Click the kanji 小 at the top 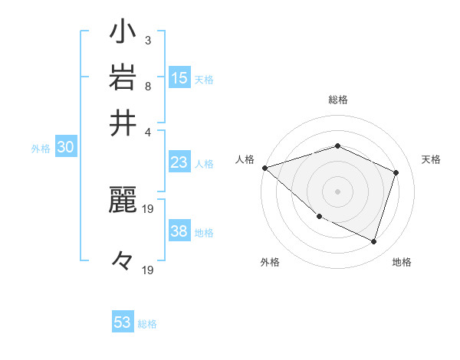(x=123, y=34)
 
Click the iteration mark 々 (x=123, y=261)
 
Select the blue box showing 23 (x=179, y=162)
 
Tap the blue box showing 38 (x=179, y=231)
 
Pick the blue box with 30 (x=65, y=148)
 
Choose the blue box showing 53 (x=123, y=322)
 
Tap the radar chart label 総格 (x=338, y=100)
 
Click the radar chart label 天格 (x=432, y=159)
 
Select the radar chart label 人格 (x=245, y=159)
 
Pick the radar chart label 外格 (x=270, y=262)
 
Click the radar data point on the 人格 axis (x=264, y=168)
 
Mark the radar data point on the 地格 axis (x=374, y=241)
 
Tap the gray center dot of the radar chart (x=338, y=191)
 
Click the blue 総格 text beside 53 (x=147, y=324)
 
